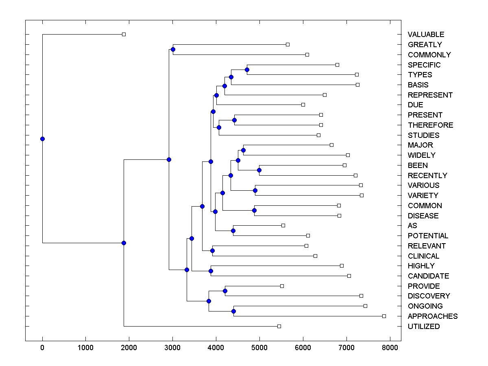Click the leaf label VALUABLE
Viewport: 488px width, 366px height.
pyautogui.click(x=426, y=35)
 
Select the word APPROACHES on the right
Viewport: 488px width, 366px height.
pyautogui.click(x=432, y=316)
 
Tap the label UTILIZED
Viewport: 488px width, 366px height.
pyautogui.click(x=423, y=327)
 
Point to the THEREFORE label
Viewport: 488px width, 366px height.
pyautogui.click(x=430, y=125)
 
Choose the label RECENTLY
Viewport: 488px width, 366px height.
pyautogui.click(x=427, y=176)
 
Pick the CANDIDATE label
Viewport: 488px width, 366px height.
pyautogui.click(x=428, y=276)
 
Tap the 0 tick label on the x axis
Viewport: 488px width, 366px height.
pyautogui.click(x=42, y=347)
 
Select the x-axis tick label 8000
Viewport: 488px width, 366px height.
pyautogui.click(x=390, y=347)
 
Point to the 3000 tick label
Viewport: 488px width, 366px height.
pyautogui.click(x=172, y=347)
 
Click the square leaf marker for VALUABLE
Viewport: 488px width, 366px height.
pyautogui.click(x=124, y=35)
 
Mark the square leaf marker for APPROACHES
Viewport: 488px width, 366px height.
pyautogui.click(x=384, y=316)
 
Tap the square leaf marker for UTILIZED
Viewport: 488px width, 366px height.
pyautogui.click(x=279, y=326)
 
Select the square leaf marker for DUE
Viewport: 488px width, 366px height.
pyautogui.click(x=303, y=105)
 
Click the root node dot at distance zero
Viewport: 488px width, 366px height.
pyautogui.click(x=42, y=139)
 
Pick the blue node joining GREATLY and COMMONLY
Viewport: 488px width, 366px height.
pyautogui.click(x=173, y=49)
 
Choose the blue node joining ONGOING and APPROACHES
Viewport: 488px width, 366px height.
pyautogui.click(x=233, y=311)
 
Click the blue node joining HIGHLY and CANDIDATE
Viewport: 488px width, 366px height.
pyautogui.click(x=211, y=271)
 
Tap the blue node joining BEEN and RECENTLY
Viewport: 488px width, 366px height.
pyautogui.click(x=259, y=170)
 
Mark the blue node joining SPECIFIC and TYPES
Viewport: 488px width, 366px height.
pyautogui.click(x=247, y=70)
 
